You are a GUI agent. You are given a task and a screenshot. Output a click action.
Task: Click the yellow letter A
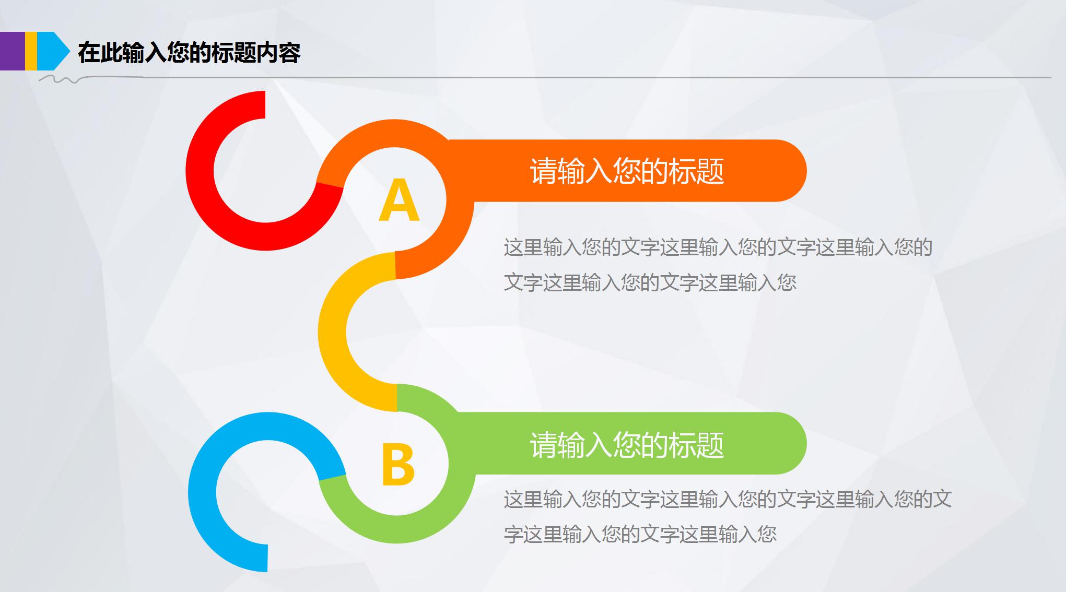pos(399,200)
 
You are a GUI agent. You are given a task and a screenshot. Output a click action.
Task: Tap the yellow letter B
pos(398,464)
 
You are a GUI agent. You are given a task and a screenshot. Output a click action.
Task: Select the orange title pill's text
pos(627,171)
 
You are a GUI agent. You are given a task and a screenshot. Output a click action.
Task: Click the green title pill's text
pos(627,444)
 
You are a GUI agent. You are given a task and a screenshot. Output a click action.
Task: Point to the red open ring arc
pos(201,172)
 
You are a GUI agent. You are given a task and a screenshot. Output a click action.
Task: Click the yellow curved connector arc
pos(333,332)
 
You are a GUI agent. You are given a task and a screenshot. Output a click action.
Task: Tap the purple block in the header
pos(12,51)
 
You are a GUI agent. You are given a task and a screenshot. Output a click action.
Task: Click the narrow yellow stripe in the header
pos(31,51)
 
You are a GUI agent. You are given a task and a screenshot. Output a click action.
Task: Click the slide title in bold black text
pos(189,53)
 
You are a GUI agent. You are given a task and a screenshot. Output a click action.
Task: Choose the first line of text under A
pos(718,247)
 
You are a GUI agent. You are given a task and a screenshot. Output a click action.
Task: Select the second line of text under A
pos(650,282)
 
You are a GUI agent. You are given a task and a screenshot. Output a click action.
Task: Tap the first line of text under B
pos(728,499)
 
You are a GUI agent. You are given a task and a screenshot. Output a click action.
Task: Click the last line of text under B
pos(640,534)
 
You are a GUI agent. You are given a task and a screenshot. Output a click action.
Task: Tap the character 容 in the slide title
pos(289,53)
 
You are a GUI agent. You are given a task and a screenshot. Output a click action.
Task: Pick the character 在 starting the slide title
pos(89,53)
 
